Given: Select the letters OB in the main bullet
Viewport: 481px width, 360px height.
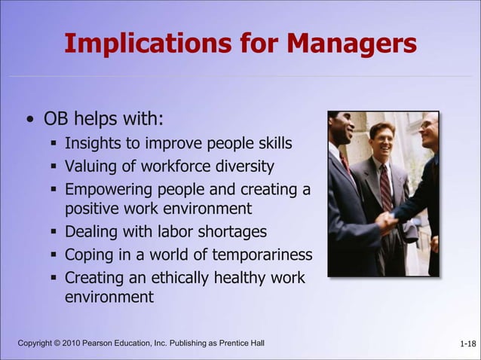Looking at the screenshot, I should (x=56, y=120).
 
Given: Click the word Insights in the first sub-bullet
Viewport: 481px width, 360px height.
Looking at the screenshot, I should (x=93, y=143).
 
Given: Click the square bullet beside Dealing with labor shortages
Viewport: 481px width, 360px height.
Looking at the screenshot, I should (x=54, y=232).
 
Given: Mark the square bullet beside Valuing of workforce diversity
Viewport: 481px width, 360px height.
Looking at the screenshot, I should (x=54, y=166).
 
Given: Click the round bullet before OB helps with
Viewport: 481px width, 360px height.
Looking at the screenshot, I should (x=29, y=121).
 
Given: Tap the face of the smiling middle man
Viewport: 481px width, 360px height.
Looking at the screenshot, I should (x=381, y=139).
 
